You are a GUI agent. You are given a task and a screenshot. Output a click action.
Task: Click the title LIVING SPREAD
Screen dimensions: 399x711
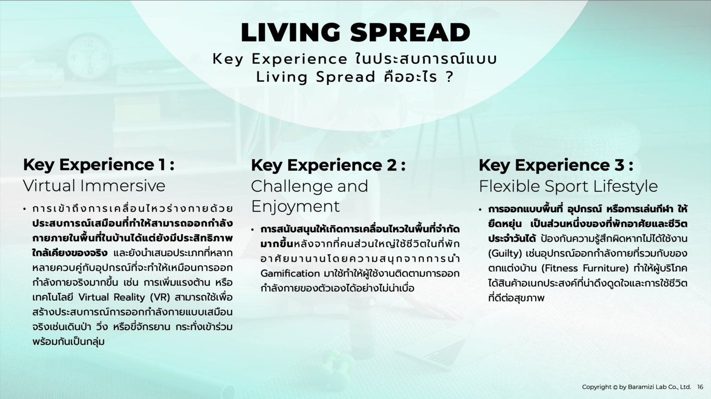click(x=355, y=32)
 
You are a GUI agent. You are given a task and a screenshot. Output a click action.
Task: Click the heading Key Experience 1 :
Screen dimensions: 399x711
click(x=99, y=165)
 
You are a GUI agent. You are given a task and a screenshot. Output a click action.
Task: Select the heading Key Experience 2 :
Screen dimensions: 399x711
click(x=328, y=165)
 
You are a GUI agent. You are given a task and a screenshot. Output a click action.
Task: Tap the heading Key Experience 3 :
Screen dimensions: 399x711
click(x=555, y=165)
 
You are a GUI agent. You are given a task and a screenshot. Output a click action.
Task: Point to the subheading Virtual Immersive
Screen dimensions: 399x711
click(x=94, y=186)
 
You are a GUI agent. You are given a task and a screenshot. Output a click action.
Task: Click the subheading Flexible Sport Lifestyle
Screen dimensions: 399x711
click(x=568, y=186)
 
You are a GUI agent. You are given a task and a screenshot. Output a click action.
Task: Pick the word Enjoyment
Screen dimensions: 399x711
click(x=295, y=206)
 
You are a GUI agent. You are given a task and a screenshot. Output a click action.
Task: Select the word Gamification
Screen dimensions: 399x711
click(x=290, y=273)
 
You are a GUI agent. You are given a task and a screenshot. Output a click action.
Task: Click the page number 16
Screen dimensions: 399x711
click(x=700, y=387)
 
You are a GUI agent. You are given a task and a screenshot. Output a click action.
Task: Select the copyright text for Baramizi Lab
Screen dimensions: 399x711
click(x=636, y=387)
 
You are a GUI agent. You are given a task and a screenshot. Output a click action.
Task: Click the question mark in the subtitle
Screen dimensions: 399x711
click(x=449, y=77)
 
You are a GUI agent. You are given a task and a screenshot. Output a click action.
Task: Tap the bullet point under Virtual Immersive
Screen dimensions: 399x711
click(x=25, y=209)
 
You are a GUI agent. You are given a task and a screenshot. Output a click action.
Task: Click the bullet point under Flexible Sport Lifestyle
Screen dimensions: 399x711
click(x=480, y=209)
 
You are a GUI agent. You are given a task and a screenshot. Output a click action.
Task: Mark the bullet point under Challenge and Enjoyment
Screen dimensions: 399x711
click(x=253, y=229)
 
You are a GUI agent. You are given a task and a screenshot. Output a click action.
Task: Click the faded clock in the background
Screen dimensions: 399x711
click(x=88, y=56)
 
